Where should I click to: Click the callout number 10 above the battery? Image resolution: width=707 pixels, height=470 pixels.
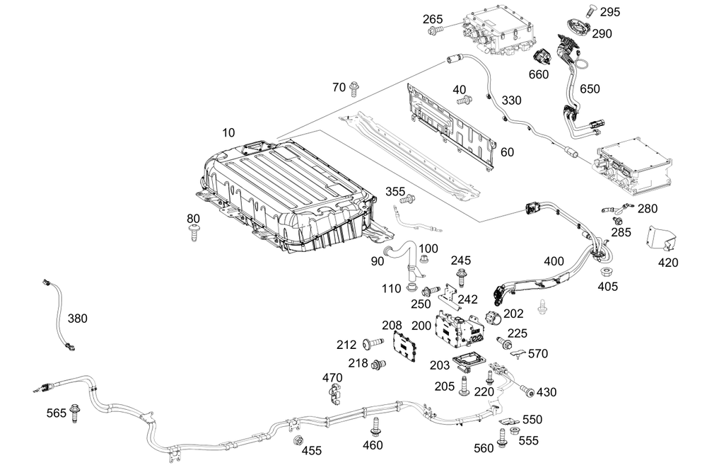[x=228, y=133]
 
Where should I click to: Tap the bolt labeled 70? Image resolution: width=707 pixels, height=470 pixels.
[x=354, y=88]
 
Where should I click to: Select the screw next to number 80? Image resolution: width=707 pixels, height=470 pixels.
[x=194, y=234]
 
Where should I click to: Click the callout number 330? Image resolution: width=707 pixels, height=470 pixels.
[x=512, y=101]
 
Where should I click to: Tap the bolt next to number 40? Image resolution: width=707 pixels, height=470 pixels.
[x=464, y=101]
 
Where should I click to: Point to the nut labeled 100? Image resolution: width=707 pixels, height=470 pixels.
[x=423, y=259]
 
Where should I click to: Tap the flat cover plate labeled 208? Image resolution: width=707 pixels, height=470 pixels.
[x=404, y=347]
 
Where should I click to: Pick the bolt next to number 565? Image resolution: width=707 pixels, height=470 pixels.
[x=75, y=412]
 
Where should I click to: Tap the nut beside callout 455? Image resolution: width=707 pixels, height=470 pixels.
[x=298, y=441]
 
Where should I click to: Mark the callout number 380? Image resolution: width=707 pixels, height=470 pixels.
[x=78, y=319]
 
